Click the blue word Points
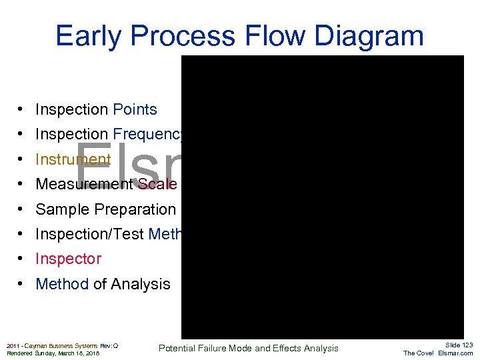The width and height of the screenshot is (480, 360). click(135, 109)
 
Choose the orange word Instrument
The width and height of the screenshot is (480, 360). click(73, 159)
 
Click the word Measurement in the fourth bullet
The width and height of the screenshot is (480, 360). click(84, 184)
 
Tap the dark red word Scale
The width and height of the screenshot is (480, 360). click(157, 184)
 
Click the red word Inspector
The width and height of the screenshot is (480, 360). click(68, 259)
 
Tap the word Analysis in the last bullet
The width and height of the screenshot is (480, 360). click(141, 284)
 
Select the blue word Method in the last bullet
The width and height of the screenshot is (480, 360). click(62, 284)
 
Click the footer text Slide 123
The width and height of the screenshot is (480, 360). click(459, 345)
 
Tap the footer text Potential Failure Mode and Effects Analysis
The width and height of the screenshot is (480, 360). click(248, 348)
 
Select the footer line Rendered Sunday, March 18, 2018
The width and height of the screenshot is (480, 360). click(53, 353)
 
